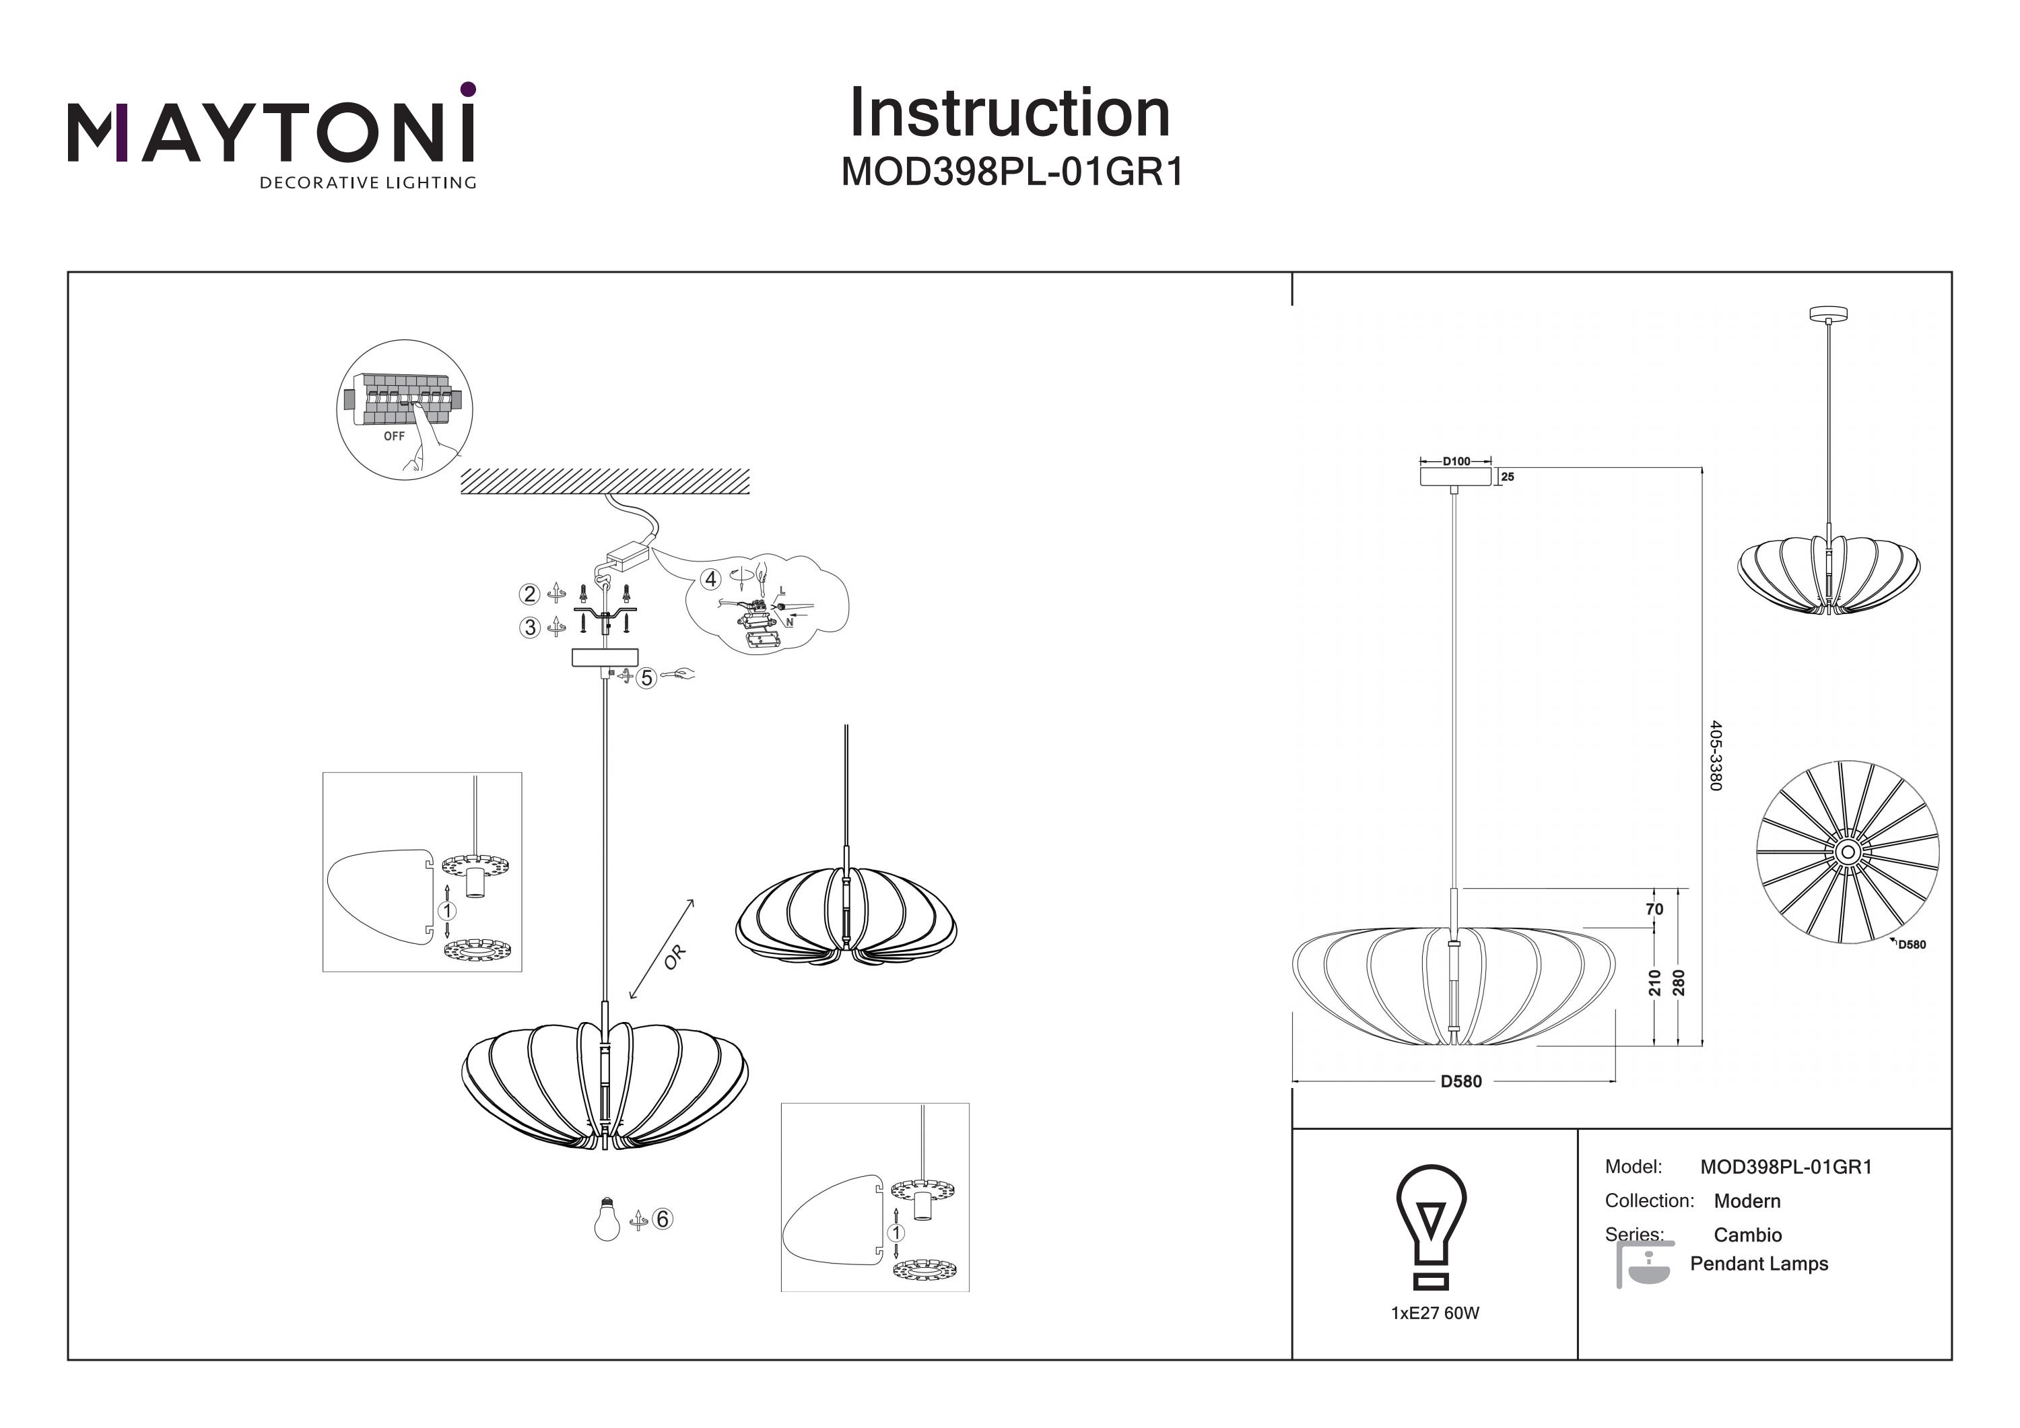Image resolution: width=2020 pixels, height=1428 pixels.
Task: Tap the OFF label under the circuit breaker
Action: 394,436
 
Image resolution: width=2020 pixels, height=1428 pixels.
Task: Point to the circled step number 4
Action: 711,579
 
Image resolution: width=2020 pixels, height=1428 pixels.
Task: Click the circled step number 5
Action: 646,677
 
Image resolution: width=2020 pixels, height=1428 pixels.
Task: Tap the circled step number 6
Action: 663,1219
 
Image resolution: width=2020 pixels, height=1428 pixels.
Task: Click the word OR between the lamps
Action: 675,957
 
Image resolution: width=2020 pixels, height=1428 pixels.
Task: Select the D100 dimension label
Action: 1456,461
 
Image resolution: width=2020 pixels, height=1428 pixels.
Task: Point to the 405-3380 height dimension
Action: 1716,755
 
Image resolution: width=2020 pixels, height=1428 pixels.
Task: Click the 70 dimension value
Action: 1654,909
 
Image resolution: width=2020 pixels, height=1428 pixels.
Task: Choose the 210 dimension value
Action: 1654,983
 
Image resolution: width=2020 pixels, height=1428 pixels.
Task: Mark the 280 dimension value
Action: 1679,983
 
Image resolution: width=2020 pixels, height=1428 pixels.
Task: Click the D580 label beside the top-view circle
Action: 1912,945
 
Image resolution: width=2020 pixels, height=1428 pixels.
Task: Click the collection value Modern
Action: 1747,1201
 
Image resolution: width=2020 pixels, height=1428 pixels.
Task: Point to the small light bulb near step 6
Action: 606,1219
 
